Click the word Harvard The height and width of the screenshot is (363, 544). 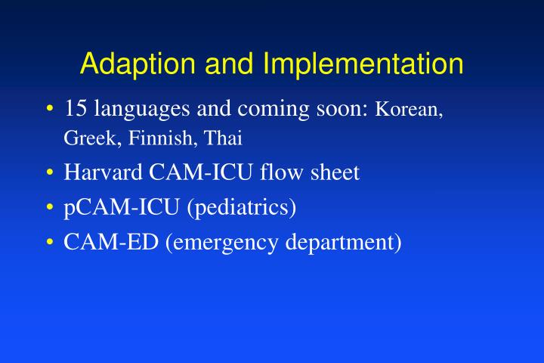click(x=103, y=173)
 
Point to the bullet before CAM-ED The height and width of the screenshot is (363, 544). click(x=49, y=243)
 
